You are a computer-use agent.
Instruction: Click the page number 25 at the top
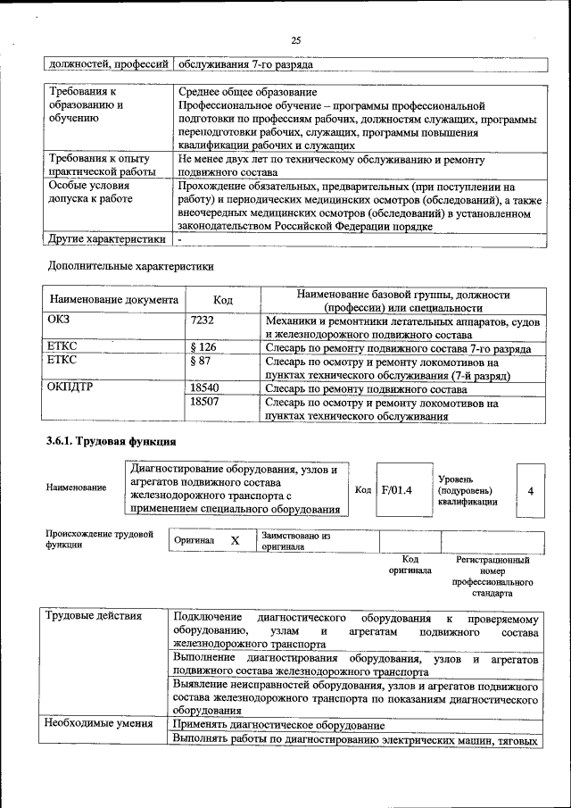[295, 39]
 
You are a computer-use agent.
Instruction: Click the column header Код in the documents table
[224, 301]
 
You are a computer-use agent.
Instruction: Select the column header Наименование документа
[114, 301]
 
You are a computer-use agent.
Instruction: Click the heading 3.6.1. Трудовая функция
[112, 441]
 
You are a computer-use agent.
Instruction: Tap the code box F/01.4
[396, 490]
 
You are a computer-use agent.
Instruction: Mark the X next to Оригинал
[235, 541]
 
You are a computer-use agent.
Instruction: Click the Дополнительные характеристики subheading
[130, 266]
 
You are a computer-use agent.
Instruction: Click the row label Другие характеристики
[107, 239]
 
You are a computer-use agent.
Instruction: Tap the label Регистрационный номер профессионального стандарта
[492, 576]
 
